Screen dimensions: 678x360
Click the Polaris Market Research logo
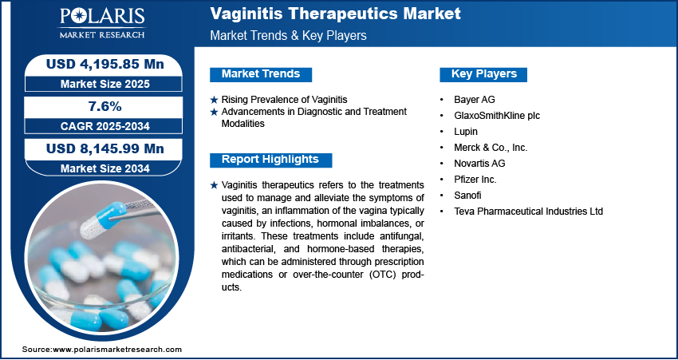tap(102, 23)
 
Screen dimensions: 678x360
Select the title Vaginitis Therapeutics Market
tap(335, 14)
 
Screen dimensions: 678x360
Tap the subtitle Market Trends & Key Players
tap(288, 35)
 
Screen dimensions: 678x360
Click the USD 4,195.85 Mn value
tap(105, 64)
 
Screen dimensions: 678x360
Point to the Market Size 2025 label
tap(105, 84)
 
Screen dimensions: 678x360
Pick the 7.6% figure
tap(105, 106)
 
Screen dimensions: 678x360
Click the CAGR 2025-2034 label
tap(105, 126)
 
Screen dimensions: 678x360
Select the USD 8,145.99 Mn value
tap(105, 148)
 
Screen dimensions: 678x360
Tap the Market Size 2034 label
tap(105, 168)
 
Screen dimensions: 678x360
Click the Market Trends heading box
tap(261, 74)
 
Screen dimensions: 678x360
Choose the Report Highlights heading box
tap(270, 160)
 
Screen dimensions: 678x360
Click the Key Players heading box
tap(483, 74)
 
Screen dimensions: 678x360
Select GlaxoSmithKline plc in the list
tap(497, 116)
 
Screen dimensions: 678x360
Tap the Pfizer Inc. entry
tap(475, 179)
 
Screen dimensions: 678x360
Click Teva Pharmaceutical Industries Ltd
tap(528, 212)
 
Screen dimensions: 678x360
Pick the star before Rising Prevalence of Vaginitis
tap(214, 100)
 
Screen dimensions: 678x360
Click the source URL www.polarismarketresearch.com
tap(116, 349)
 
